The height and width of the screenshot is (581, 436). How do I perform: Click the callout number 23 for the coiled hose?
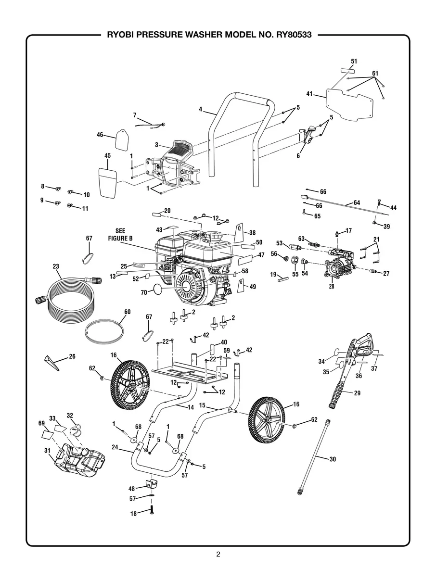click(x=56, y=266)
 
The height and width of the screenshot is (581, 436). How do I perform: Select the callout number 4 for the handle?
click(x=201, y=109)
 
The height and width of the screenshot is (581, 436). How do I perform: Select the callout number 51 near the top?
click(x=354, y=62)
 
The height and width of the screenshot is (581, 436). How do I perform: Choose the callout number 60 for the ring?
click(x=127, y=312)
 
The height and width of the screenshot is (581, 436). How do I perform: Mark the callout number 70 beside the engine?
click(x=143, y=291)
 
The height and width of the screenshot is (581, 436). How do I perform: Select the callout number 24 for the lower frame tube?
click(x=115, y=447)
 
